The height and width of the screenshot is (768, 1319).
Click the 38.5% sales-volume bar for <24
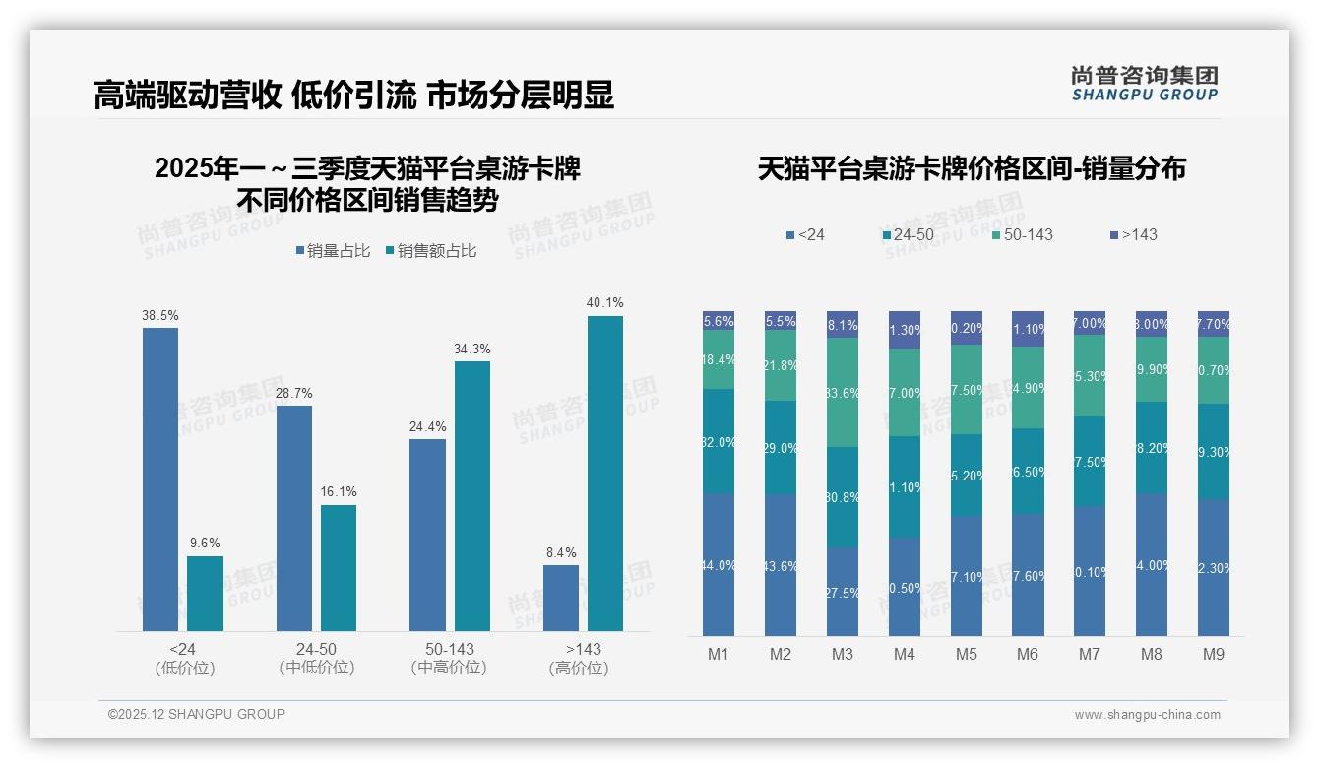160,480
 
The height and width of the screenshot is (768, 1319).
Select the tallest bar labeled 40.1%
605,474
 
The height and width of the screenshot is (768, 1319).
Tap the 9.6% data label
205,543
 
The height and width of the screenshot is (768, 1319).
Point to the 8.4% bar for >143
561,598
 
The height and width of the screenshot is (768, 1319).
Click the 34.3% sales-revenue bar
472,496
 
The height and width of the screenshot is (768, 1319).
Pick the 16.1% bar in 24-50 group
339,568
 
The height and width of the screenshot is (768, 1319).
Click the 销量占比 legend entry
333,251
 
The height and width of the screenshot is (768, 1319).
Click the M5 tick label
966,655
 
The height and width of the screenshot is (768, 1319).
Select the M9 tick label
1214,655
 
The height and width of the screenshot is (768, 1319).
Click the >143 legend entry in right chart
1134,235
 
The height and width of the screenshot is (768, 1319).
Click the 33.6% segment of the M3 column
843,393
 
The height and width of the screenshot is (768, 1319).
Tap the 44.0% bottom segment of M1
719,564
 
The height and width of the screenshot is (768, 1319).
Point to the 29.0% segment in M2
781,447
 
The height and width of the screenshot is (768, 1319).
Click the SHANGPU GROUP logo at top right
1145,83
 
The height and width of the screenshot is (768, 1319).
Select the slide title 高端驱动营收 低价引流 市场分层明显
353,95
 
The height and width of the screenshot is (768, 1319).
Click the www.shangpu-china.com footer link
1147,715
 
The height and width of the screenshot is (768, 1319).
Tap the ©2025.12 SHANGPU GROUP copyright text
197,714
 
